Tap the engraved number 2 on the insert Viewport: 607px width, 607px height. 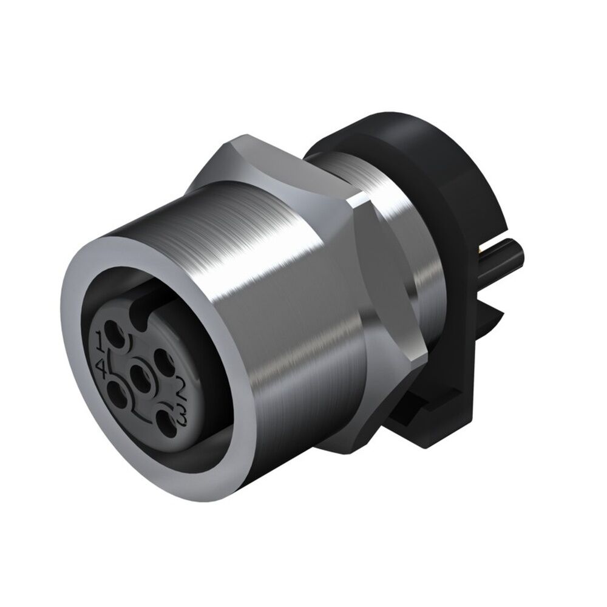[x=180, y=384]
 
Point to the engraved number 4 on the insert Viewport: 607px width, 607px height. [x=101, y=365]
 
